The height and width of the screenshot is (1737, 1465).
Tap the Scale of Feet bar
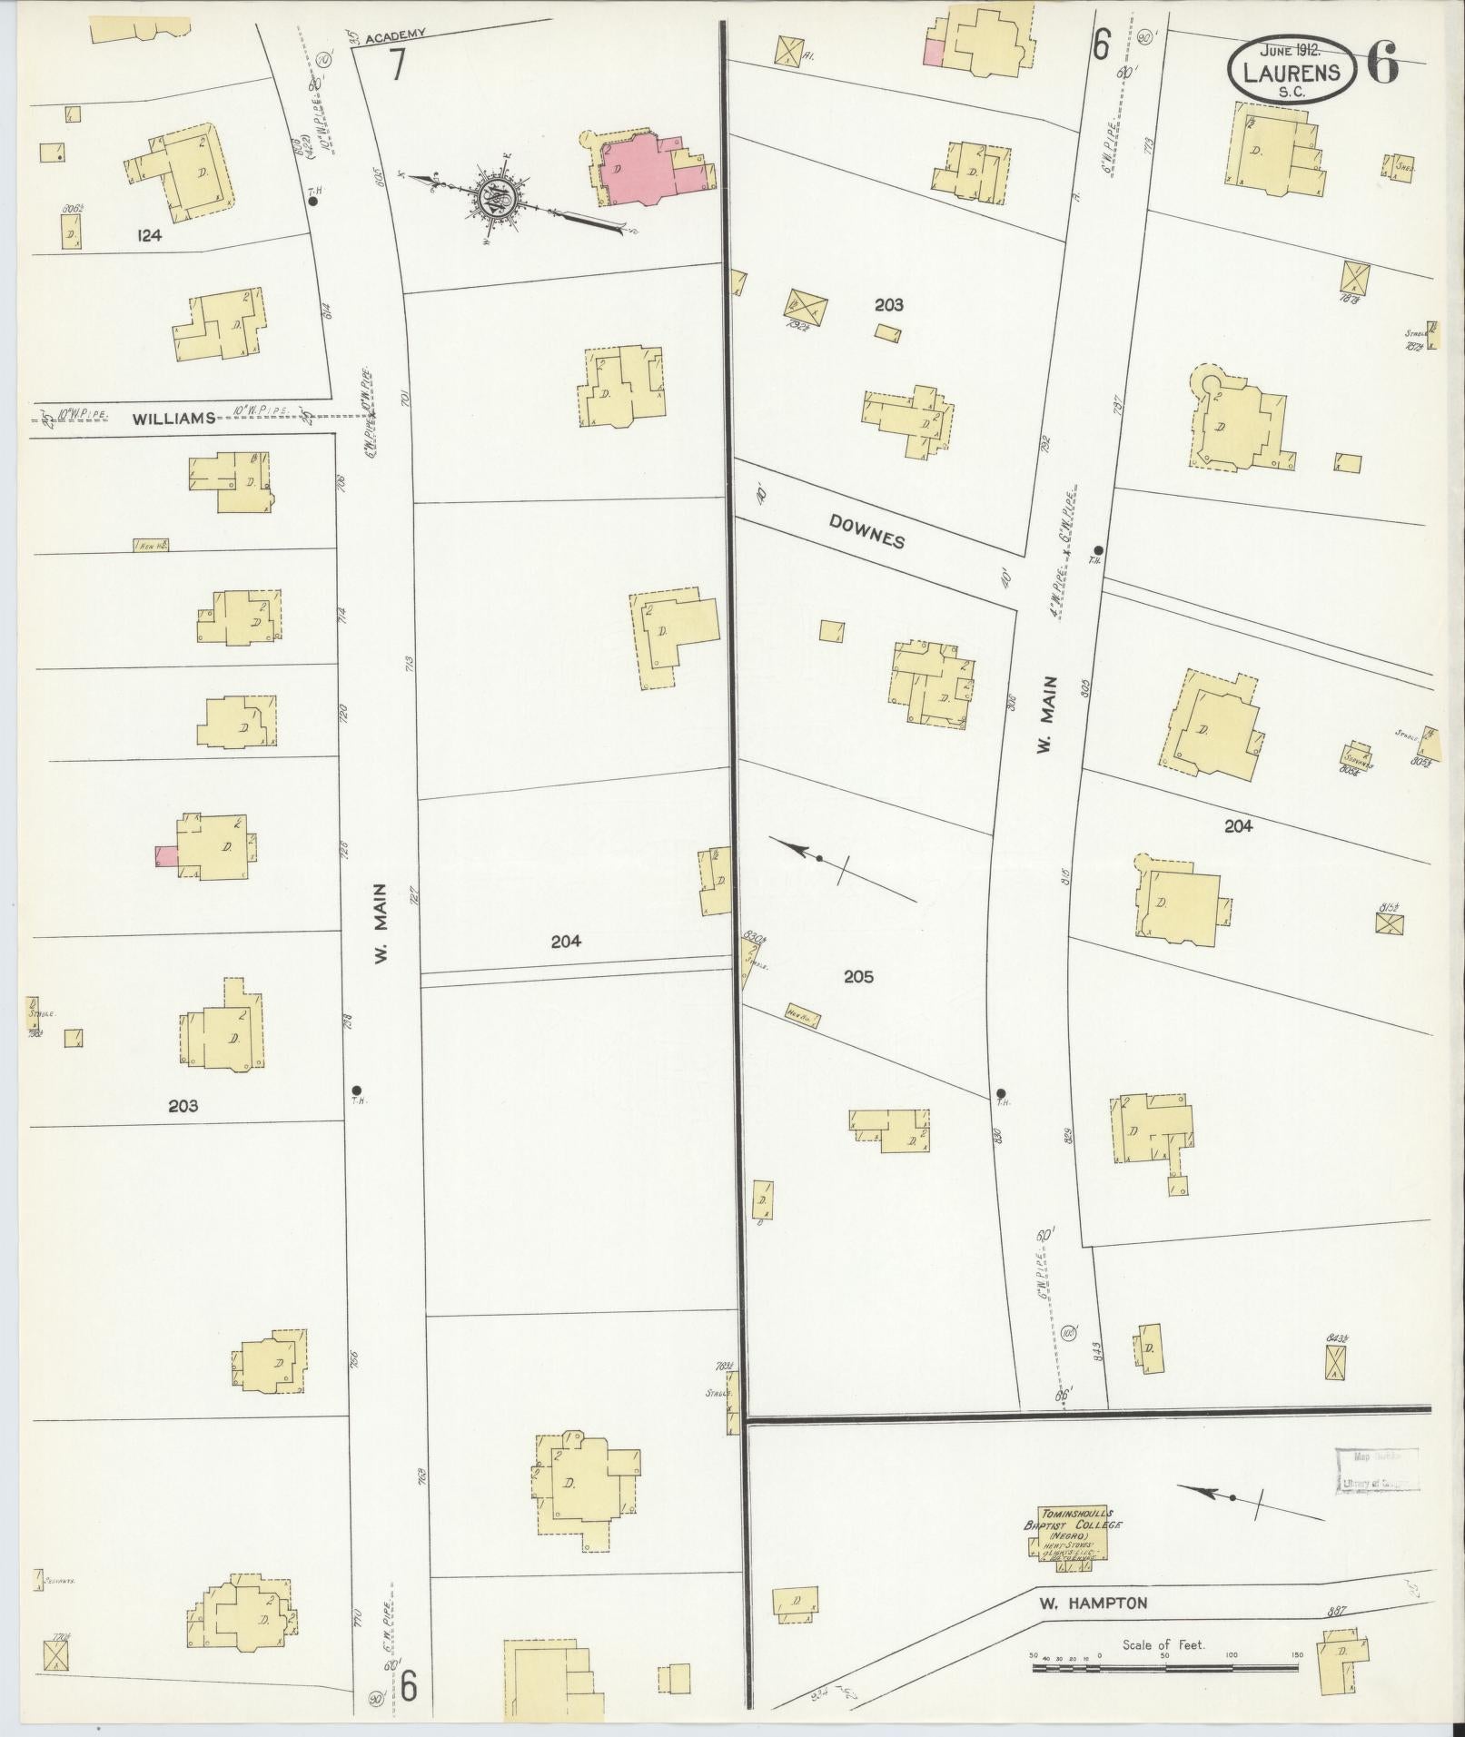[1166, 1654]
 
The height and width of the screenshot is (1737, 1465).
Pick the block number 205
[858, 977]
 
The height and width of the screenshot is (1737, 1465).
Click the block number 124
[149, 235]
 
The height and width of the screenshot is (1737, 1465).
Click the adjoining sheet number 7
[397, 66]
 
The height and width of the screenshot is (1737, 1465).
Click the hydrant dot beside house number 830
[1001, 1092]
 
